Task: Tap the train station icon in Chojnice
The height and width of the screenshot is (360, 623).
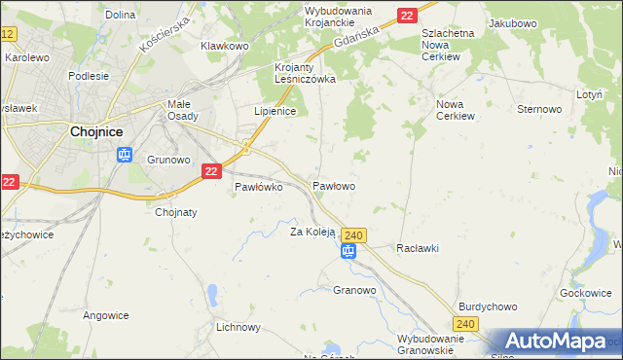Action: point(124,154)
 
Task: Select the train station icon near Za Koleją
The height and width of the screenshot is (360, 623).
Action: point(348,251)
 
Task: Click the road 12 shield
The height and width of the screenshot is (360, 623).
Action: point(8,34)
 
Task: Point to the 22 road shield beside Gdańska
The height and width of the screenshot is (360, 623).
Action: point(408,15)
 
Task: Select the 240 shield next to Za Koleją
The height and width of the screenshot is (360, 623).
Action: point(354,234)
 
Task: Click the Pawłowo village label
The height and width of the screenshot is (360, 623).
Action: point(333,185)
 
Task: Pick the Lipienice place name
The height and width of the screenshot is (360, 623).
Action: point(275,111)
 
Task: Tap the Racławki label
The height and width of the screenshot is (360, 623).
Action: point(418,248)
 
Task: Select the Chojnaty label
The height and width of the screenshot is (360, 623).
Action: point(176,212)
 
